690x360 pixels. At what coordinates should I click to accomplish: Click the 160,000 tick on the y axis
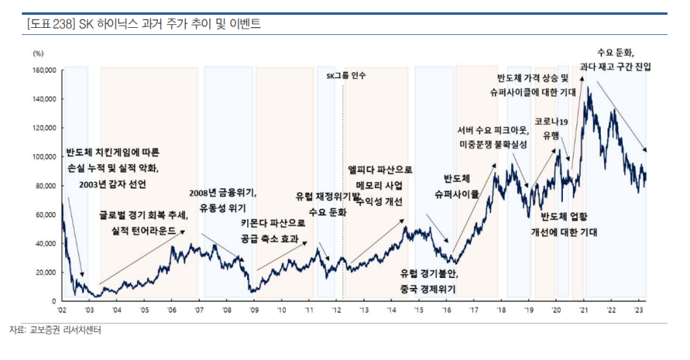45,71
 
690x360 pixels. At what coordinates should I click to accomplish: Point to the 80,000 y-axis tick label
46,186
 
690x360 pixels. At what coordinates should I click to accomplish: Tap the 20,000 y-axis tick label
46,272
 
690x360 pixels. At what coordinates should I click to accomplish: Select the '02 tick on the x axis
62,310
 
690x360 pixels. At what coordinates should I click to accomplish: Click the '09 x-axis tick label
254,310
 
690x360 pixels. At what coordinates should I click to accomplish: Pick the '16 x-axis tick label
446,310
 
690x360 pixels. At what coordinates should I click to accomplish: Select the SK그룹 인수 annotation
346,75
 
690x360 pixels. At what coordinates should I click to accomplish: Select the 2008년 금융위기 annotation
223,193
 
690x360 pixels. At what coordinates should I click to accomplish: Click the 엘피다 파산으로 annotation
380,170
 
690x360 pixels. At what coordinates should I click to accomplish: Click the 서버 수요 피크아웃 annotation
492,130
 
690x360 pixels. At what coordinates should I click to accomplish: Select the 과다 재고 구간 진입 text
615,66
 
